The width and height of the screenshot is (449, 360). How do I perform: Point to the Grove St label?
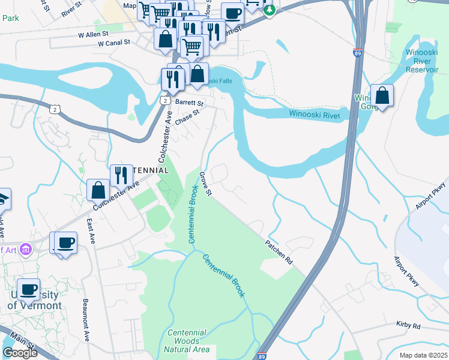pyautogui.click(x=206, y=183)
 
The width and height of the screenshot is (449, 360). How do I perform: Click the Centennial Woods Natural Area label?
pyautogui.click(x=187, y=341)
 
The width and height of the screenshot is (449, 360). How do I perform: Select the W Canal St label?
pyautogui.click(x=114, y=43)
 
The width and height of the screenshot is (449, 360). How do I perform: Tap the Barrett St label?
pyautogui.click(x=190, y=103)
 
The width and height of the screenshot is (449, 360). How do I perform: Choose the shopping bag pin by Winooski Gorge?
pyautogui.click(x=382, y=95)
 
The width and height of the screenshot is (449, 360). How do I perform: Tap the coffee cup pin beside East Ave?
pyautogui.click(x=65, y=242)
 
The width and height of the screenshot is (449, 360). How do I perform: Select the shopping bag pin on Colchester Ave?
pyautogui.click(x=98, y=190)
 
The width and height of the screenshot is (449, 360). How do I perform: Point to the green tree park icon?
pyautogui.click(x=271, y=10)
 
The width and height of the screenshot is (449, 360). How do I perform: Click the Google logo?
pyautogui.click(x=20, y=353)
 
